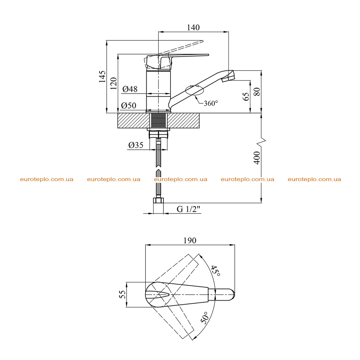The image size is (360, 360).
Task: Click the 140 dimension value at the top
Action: [193, 27]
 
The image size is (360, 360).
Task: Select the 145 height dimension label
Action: [102, 77]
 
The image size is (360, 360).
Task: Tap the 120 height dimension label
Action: [114, 83]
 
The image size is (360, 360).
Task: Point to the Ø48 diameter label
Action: [130, 89]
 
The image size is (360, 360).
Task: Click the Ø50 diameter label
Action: [129, 105]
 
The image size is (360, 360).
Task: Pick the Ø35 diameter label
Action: [136, 145]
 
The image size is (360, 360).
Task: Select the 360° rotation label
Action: [211, 103]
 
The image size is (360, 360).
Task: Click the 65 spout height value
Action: [246, 96]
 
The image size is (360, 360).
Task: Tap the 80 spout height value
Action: [257, 92]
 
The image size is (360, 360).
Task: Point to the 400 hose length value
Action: [257, 158]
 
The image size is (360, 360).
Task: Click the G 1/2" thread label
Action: [188, 209]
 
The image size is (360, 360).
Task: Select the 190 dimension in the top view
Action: [190, 240]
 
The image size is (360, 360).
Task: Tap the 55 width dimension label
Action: [122, 294]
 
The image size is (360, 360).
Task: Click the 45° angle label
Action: [216, 271]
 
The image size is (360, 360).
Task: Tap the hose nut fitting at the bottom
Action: [159, 200]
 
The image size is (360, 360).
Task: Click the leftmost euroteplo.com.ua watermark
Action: [47, 179]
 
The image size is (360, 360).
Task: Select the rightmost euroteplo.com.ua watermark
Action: [314, 179]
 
